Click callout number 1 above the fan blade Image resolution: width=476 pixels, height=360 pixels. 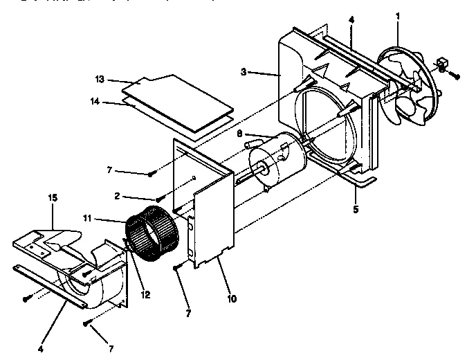(398, 15)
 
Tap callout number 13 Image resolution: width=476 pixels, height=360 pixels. (100, 80)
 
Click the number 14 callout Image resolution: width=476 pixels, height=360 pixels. (95, 102)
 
